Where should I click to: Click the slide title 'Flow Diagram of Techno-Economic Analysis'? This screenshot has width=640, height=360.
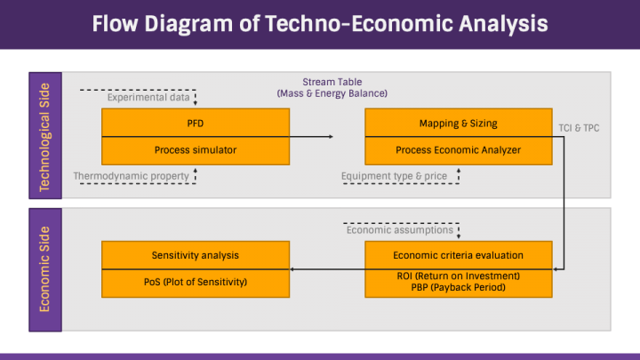[320, 24]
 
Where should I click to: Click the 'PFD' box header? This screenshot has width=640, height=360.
[196, 123]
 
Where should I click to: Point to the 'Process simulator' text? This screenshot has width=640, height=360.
[196, 149]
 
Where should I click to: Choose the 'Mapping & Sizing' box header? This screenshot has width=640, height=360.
[458, 123]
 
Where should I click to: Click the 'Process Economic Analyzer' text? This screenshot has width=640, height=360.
[458, 149]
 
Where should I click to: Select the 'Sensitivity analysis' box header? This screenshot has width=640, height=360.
[196, 255]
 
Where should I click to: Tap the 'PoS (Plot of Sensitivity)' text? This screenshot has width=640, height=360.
[196, 282]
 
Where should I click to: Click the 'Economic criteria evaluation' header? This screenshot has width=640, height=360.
[458, 255]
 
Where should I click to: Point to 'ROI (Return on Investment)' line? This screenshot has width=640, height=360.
[458, 276]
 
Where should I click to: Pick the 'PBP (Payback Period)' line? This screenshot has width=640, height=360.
[458, 288]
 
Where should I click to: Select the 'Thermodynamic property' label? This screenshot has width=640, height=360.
[132, 176]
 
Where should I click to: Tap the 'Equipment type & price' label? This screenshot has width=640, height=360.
[394, 176]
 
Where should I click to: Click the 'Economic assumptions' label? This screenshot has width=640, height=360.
[399, 229]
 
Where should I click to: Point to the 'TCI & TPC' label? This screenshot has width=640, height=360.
[578, 128]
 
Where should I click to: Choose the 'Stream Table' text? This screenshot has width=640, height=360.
[332, 82]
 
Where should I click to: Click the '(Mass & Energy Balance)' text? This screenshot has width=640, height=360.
[332, 93]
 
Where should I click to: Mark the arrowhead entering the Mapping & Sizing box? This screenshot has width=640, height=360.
[331, 137]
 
